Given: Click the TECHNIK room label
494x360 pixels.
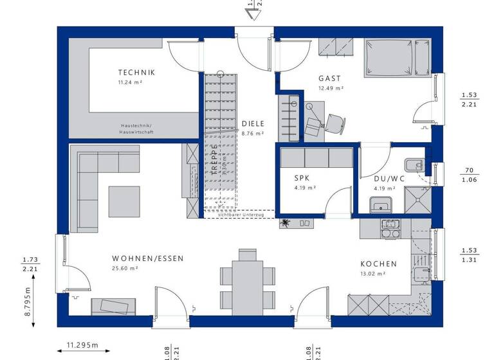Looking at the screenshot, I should tap(136, 73).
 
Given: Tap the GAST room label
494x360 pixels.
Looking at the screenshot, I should tap(329, 78).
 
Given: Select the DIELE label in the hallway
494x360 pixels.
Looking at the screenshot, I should tap(253, 124).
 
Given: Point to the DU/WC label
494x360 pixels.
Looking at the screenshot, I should tap(389, 179).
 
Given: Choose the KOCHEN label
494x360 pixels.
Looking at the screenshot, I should tap(378, 264).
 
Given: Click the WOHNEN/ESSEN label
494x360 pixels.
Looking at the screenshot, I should tap(147, 258).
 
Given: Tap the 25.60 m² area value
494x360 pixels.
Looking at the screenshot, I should tap(125, 269).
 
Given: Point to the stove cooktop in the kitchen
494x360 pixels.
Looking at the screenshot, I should tap(390, 230).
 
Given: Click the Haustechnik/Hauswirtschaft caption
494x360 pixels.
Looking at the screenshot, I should tap(136, 129).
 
